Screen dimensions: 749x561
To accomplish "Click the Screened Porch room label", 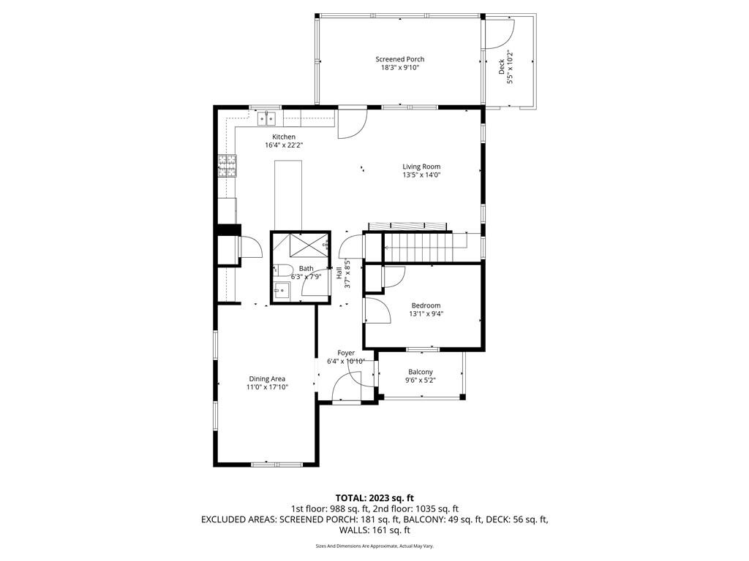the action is tap(400, 59).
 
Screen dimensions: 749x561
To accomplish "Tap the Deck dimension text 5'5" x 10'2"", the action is tap(510, 67).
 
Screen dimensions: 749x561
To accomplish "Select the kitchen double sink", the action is tap(266, 118).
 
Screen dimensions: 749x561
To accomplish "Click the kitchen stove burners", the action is tap(227, 166).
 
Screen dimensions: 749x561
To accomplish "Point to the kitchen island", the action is tap(288, 196).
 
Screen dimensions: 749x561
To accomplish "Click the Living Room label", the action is tap(421, 167).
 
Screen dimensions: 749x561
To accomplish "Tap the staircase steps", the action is tap(418, 247).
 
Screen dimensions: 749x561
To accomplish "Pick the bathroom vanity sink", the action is tap(282, 290).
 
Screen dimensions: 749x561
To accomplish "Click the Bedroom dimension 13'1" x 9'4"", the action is tap(426, 314).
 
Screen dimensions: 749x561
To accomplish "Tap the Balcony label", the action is tap(421, 372).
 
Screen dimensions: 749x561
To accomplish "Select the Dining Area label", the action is tap(267, 379).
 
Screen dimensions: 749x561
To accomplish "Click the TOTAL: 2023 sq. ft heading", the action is tap(374, 498).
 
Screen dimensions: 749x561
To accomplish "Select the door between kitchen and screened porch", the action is tap(352, 123).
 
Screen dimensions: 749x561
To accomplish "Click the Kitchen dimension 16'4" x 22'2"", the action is tap(285, 145).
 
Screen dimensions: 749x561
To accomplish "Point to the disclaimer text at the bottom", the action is tap(374, 546).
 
